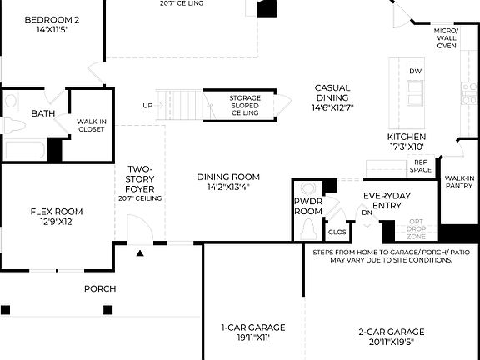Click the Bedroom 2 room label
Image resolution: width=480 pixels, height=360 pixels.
[x=52, y=24]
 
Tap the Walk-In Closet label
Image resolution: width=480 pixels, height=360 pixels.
[x=91, y=124]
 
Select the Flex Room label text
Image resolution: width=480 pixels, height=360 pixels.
[x=57, y=217]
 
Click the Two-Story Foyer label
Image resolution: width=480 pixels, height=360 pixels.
[x=139, y=183]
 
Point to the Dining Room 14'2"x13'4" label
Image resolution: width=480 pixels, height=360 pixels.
[x=227, y=182]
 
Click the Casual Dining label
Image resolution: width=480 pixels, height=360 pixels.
[x=332, y=97]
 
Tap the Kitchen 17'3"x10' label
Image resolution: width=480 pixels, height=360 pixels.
[x=407, y=142]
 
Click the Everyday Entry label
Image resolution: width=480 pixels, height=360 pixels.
[x=387, y=201]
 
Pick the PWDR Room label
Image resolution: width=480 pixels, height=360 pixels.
[x=307, y=207]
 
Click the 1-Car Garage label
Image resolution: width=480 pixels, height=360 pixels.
[x=252, y=332]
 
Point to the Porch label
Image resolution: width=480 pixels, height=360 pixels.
[x=100, y=289]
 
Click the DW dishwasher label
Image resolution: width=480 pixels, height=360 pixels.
[x=415, y=72]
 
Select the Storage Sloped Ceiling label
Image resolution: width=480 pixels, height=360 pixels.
[x=245, y=106]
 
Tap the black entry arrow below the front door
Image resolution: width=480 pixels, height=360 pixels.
[x=140, y=252]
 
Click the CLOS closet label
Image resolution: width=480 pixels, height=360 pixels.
[x=337, y=232]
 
